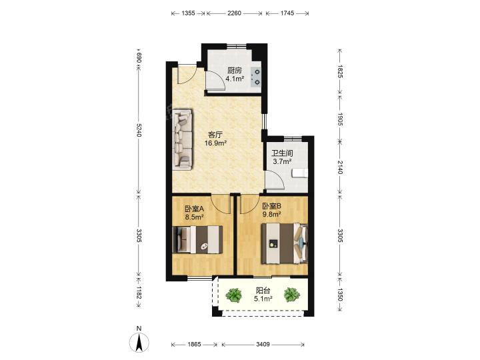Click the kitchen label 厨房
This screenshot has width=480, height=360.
[235, 71]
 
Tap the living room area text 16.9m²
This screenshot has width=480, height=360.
[216, 143]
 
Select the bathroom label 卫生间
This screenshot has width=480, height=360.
[283, 153]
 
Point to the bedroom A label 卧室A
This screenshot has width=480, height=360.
[195, 209]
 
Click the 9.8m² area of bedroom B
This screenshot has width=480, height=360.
[272, 214]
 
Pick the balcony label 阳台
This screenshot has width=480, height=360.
[263, 291]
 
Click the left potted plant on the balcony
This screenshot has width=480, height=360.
[234, 295]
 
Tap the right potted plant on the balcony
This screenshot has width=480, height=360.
[292, 295]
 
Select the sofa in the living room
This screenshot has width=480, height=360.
[183, 139]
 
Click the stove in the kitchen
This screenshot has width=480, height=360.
[256, 77]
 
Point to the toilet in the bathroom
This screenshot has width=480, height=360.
[300, 174]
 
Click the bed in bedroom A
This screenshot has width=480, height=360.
[197, 240]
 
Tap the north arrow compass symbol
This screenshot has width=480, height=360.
[139, 341]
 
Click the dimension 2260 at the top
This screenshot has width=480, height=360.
[235, 13]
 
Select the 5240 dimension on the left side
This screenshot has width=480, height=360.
[139, 130]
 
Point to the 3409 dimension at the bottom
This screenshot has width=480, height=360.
[263, 345]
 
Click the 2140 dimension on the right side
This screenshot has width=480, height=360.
[340, 167]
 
